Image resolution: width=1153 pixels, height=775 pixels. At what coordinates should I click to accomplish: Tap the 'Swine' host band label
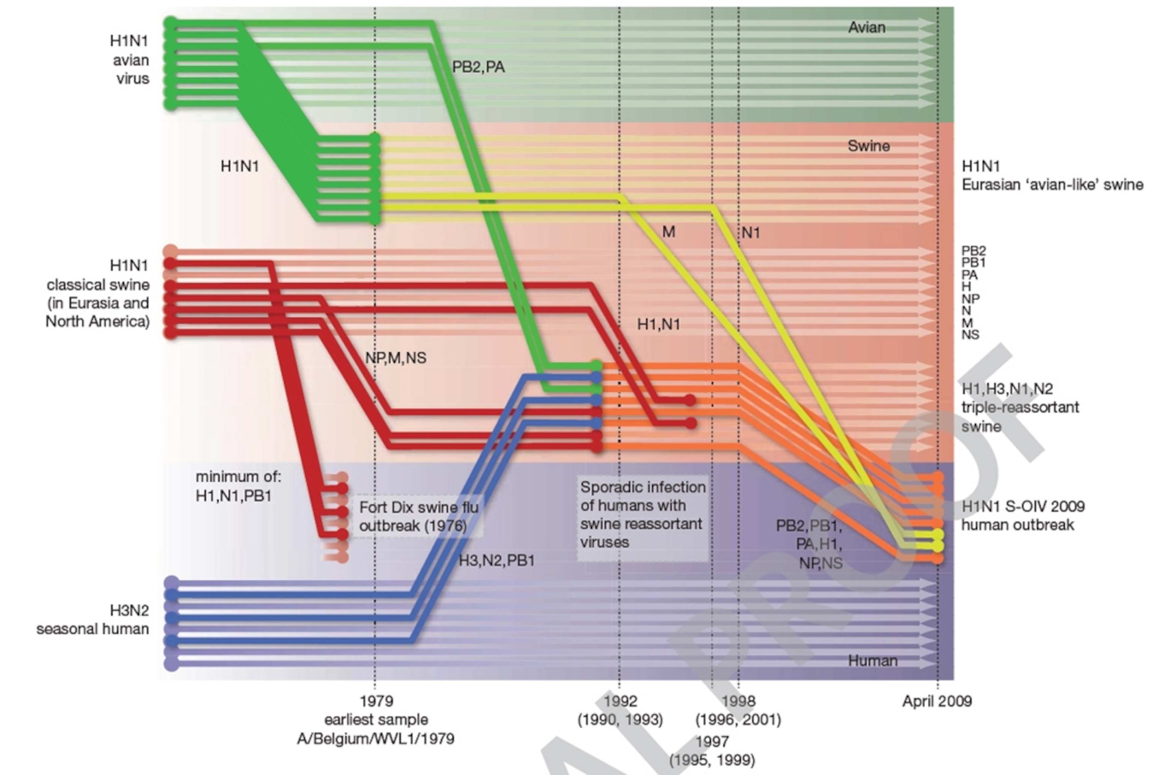869,146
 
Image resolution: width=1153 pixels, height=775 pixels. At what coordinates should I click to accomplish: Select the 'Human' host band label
872,661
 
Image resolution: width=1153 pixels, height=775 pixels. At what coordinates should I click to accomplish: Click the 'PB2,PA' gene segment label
478,67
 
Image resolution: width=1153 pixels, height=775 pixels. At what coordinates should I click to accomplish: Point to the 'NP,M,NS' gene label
395,358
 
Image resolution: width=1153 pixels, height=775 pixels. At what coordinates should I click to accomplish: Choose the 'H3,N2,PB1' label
497,561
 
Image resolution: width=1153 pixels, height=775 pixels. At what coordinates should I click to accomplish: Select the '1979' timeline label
376,701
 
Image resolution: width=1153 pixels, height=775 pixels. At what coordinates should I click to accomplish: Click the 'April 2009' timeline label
937,701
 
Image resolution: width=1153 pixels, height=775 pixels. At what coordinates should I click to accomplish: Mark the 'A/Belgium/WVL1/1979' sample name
375,739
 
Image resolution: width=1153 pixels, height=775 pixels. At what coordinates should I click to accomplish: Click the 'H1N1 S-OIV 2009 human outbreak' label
1023,516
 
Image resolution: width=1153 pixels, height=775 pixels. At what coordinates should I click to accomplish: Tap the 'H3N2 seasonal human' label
93,620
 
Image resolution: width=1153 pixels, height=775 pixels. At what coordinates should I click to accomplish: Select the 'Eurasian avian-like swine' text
1052,185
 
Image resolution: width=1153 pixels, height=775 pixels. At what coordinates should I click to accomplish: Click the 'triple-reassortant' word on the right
1020,408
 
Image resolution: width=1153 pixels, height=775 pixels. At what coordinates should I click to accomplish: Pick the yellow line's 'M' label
668,232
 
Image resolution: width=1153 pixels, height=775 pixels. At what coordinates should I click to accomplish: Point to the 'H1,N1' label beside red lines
658,324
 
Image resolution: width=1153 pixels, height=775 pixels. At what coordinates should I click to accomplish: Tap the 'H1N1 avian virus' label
129,59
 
